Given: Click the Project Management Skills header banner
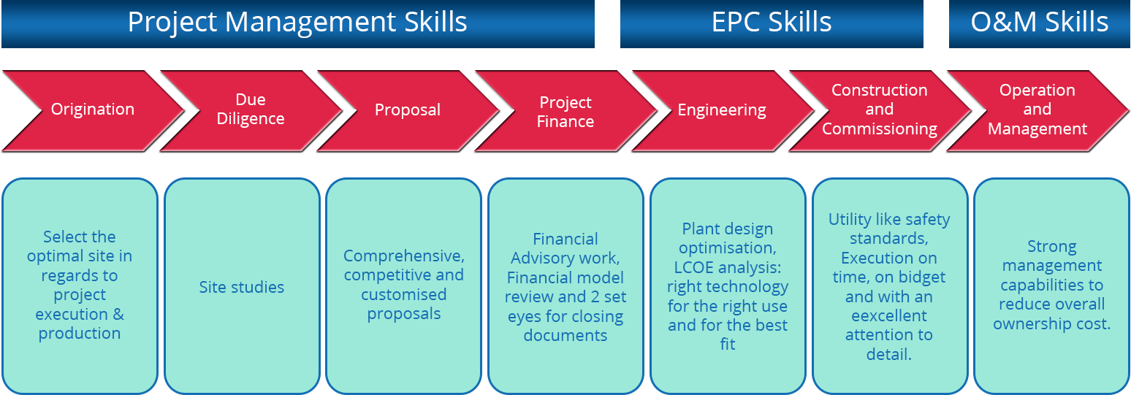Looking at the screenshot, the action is click(x=298, y=23).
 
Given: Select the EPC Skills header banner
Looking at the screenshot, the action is click(x=772, y=23).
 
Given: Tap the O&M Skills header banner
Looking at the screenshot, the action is click(x=1039, y=23).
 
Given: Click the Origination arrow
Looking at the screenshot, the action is click(x=93, y=110).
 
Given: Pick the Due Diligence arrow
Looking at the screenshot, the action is click(x=251, y=110).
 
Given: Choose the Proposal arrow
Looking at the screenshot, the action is click(x=408, y=110).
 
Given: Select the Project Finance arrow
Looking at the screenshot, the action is click(x=565, y=110).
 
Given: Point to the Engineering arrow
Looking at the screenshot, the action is click(x=722, y=110).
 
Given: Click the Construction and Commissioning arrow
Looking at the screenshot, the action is click(x=880, y=110).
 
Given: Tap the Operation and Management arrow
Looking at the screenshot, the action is click(x=1037, y=110).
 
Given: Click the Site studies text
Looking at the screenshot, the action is click(x=241, y=287).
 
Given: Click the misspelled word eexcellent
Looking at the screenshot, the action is click(x=889, y=316).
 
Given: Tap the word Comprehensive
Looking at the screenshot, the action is click(x=404, y=256).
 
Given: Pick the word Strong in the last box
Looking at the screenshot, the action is click(x=1052, y=247).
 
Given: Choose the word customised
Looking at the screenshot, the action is click(x=404, y=295).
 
